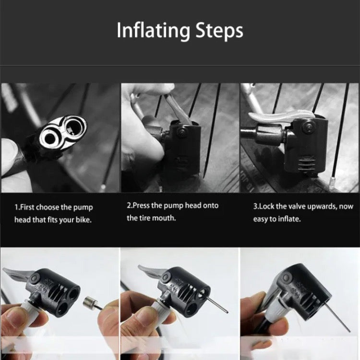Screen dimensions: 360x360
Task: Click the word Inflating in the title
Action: coord(154,31)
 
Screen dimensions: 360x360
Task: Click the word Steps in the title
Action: coord(219,31)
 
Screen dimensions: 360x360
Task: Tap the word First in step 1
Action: coord(27,207)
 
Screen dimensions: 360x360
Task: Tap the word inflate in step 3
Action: coord(289,219)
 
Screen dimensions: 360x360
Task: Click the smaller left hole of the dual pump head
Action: coord(50,138)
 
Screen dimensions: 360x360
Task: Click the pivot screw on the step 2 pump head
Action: coord(181,132)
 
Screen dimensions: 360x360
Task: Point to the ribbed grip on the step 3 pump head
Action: coord(307,164)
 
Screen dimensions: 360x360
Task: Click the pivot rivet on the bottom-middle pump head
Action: coord(165,277)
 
